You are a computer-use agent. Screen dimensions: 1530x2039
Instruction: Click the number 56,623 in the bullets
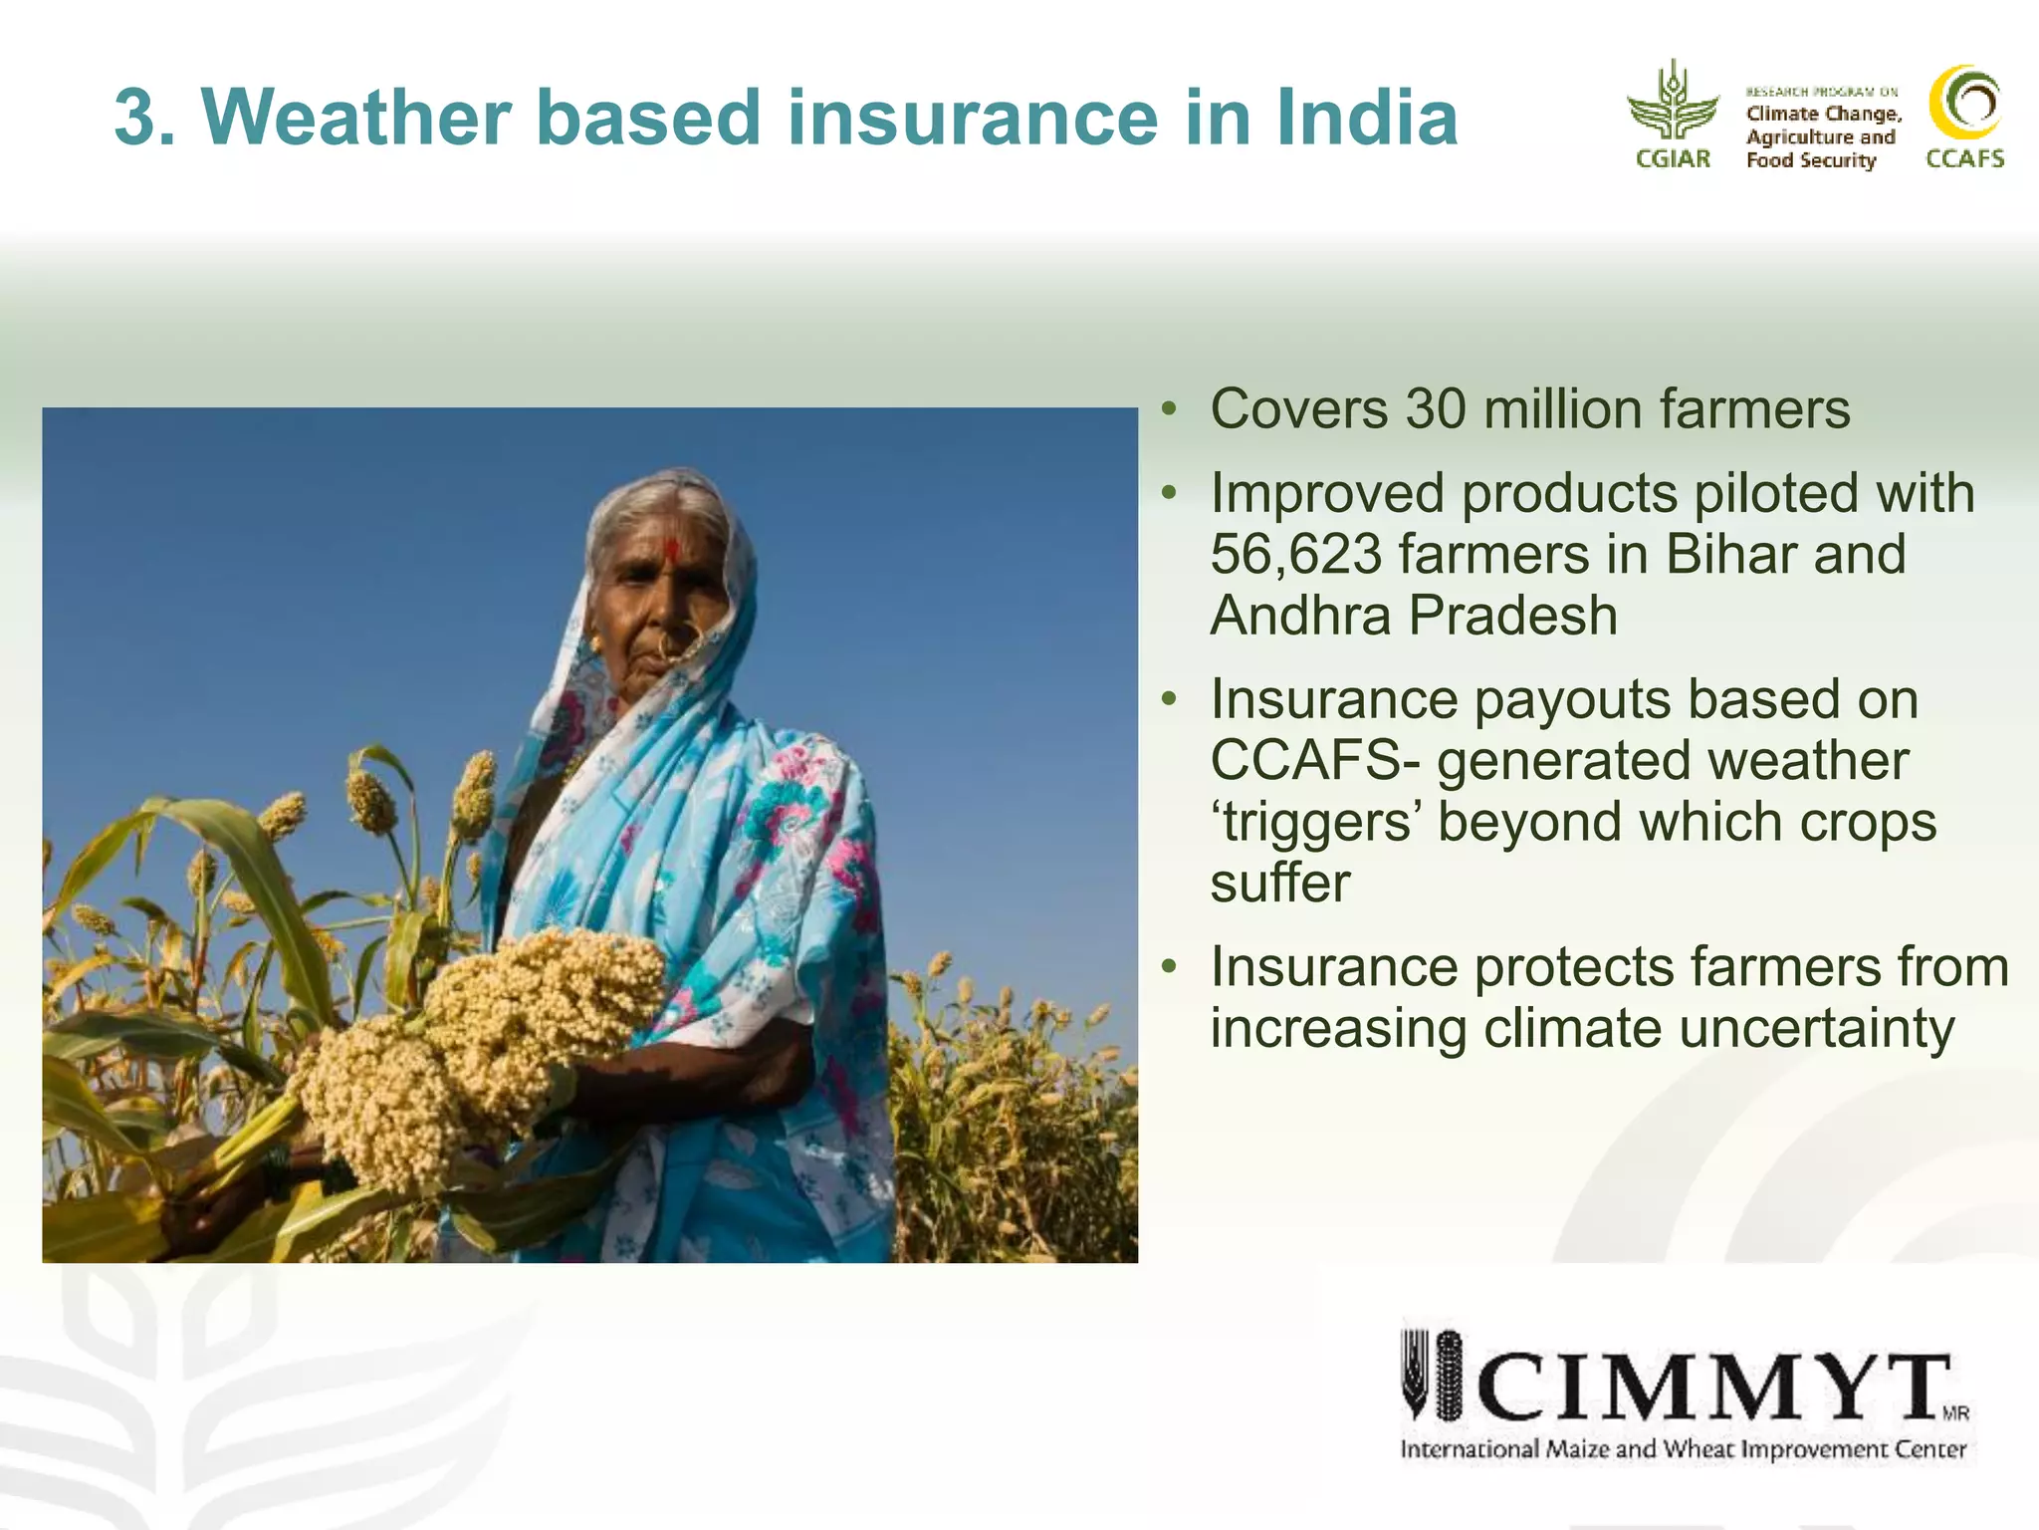(1294, 555)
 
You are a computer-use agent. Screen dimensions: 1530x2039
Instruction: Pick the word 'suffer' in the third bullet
(1280, 884)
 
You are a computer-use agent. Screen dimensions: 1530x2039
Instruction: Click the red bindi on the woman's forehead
(672, 549)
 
